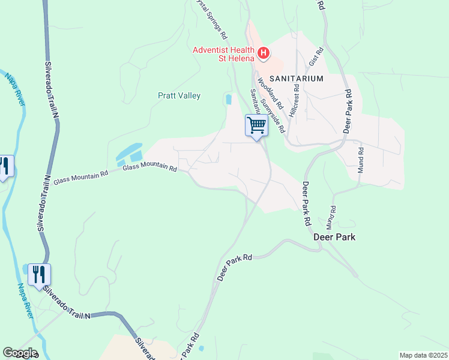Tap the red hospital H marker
(x=263, y=54)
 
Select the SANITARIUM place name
(x=297, y=79)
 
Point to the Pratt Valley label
(x=179, y=95)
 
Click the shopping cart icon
(x=256, y=125)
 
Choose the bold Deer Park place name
(x=335, y=237)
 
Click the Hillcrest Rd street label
(x=295, y=96)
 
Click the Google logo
(x=19, y=353)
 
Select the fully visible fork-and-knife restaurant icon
(x=39, y=275)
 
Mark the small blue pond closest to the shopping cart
(x=228, y=98)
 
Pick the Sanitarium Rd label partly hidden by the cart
(x=253, y=101)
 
